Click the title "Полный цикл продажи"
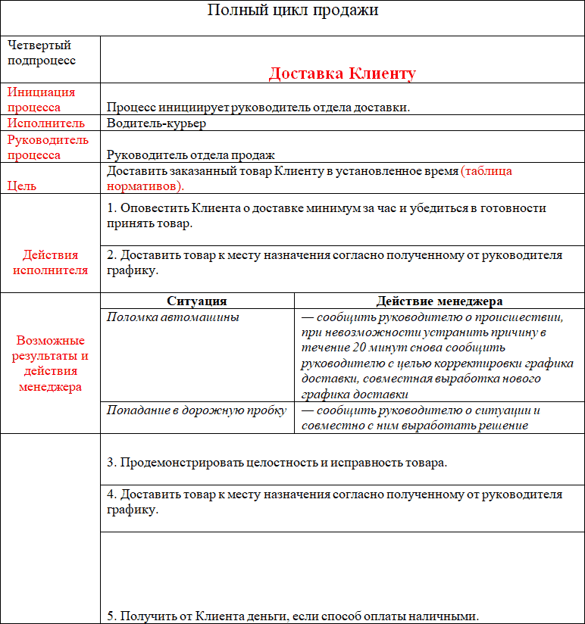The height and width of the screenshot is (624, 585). pos(292,11)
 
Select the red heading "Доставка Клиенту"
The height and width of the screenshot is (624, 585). pos(342,73)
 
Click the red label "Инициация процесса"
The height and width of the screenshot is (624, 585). pos(42,99)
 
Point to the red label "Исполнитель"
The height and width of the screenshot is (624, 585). pos(46,123)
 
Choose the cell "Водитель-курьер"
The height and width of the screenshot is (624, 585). pos(156,123)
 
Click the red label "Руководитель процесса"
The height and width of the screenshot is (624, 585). pos(48,147)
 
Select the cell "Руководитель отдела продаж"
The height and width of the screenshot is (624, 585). pos(190,154)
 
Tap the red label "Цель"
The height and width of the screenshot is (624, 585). pos(22,186)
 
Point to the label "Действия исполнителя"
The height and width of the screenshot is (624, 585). pos(50,262)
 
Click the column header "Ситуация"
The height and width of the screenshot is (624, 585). pos(196,301)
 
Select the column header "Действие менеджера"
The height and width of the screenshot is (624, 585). pos(439,301)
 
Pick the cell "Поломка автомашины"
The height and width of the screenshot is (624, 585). pos(173,317)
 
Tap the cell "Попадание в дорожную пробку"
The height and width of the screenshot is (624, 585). pos(196,410)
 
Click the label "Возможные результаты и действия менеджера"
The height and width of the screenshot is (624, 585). pos(50,363)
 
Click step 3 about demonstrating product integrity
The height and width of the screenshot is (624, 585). pos(277,463)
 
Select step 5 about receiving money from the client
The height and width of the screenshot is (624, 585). pos(292,616)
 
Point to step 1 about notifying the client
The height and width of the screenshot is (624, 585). pos(326,216)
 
